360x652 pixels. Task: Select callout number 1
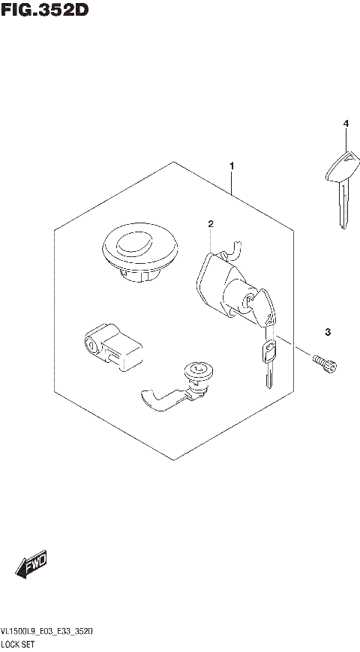232,166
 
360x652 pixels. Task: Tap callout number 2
211,223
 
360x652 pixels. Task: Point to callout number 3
328,332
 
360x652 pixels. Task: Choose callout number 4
346,123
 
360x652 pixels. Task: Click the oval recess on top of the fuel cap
134,243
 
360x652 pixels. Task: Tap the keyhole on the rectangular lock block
91,345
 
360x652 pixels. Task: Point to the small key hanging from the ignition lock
268,359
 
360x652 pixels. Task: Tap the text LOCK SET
22,645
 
